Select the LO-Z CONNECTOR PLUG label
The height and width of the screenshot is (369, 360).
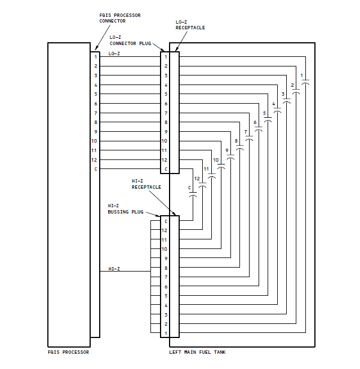point(130,40)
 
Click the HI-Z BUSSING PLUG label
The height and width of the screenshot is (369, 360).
point(125,209)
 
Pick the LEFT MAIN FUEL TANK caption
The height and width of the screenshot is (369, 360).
point(197,353)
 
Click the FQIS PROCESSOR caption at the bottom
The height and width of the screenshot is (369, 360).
point(68,353)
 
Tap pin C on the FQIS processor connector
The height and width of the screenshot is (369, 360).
point(95,169)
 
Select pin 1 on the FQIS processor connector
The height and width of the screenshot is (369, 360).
point(95,57)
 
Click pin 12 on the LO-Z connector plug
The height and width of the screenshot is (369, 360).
point(166,160)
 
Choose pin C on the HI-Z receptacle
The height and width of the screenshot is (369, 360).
point(166,221)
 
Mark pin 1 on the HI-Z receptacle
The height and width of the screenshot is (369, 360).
point(166,334)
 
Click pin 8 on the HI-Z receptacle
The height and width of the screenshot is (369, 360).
point(166,268)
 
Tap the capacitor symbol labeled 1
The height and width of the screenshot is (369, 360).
point(305,82)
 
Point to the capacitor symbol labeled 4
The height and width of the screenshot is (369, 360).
point(277,110)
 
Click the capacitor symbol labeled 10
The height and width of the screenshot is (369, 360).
point(221,167)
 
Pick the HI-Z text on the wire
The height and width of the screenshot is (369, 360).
point(114,269)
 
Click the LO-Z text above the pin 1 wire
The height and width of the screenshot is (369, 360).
point(114,54)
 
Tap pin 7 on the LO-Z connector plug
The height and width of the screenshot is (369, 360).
point(166,113)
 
